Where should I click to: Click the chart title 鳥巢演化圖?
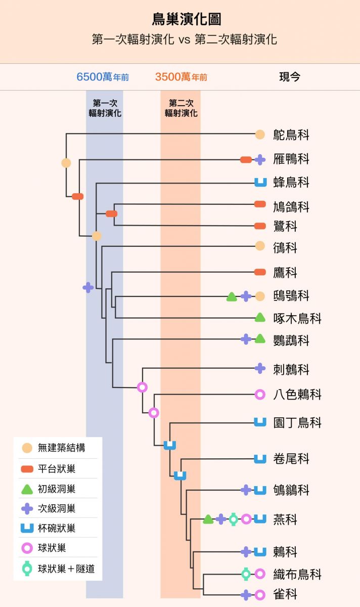tap(187, 19)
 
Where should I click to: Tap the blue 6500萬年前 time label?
tap(103, 77)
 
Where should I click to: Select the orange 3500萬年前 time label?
tap(181, 77)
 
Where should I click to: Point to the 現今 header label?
tap(290, 77)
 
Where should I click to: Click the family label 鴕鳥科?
tap(291, 135)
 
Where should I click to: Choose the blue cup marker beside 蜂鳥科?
tap(260, 182)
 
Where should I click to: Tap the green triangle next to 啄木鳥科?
tap(260, 317)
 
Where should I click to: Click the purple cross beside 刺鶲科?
tap(260, 368)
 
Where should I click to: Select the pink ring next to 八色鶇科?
tap(260, 394)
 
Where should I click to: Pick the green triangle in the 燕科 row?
tap(208, 519)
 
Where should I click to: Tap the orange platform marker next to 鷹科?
tap(260, 272)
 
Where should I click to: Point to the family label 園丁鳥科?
tap(297, 422)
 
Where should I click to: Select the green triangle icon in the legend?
tap(27, 489)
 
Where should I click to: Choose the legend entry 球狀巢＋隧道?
tap(58, 569)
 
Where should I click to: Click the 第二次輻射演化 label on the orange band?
tap(181, 108)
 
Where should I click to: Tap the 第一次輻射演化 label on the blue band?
tap(105, 108)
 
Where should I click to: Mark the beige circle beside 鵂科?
tap(260, 246)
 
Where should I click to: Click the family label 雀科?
tap(285, 594)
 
